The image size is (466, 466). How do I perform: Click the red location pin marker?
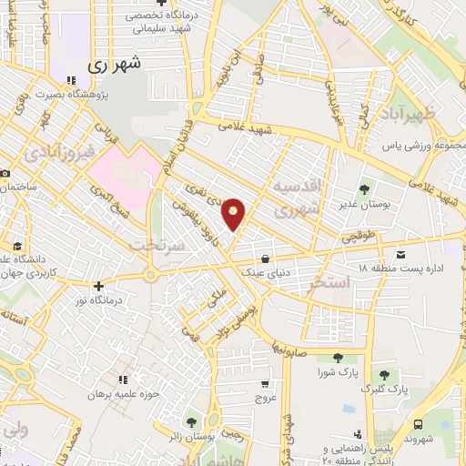[234, 215]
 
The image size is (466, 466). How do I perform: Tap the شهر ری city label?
[116, 66]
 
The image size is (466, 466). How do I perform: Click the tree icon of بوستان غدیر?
[364, 189]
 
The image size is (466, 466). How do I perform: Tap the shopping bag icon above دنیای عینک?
[264, 257]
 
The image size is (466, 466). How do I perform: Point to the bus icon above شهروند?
[418, 424]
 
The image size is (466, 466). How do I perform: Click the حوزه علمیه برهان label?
[122, 394]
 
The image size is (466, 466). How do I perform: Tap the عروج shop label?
[265, 399]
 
